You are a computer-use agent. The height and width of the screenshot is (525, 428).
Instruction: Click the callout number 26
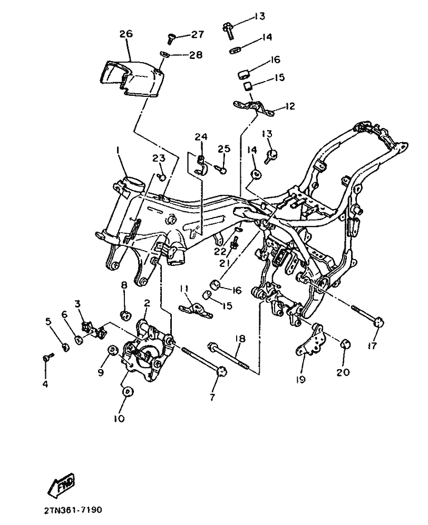126,34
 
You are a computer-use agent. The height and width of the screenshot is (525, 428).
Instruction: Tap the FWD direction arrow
61,484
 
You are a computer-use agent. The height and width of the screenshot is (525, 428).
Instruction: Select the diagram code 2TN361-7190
72,510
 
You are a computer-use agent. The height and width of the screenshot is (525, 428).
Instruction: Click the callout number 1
118,152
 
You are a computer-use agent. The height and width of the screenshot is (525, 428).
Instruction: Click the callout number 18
240,339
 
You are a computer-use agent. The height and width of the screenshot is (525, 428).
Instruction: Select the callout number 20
343,372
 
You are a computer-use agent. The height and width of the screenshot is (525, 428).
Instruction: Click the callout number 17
372,345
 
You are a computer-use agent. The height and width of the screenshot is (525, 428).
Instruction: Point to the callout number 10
119,419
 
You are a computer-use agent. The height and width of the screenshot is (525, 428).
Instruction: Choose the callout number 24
201,136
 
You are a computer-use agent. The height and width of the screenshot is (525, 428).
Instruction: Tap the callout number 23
159,157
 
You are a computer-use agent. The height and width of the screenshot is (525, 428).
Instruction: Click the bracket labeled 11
197,310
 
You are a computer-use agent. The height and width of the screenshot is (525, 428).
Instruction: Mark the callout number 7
212,398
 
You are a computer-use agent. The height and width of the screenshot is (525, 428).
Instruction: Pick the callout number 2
147,303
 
